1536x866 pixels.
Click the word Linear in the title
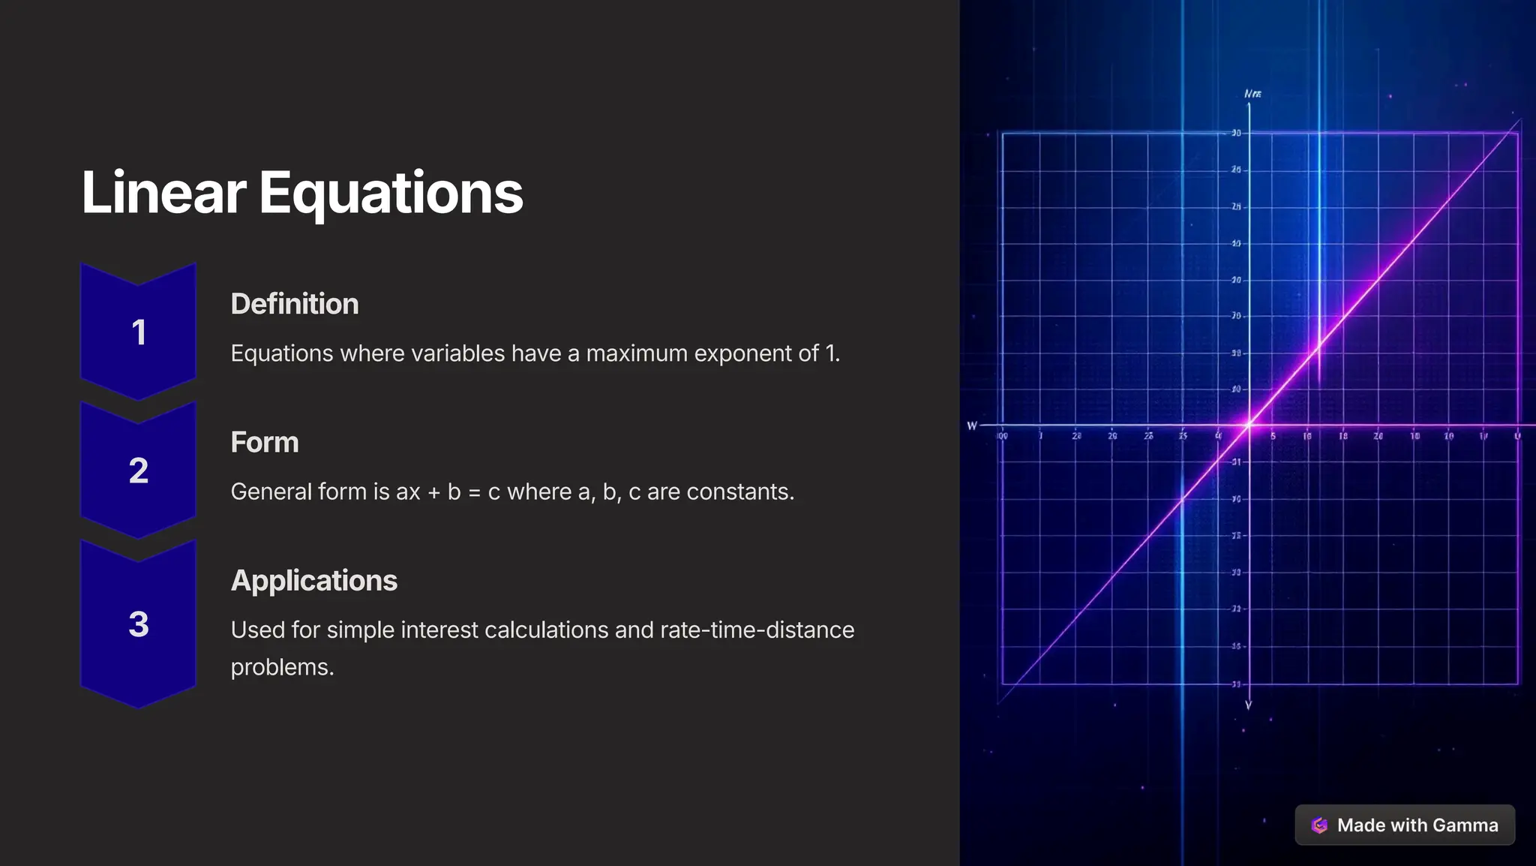[x=163, y=193]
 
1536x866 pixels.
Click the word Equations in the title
[x=391, y=193]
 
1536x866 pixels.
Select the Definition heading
[x=295, y=304]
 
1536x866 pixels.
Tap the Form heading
[x=265, y=442]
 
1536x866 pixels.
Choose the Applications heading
[x=314, y=580]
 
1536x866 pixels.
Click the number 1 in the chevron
[x=139, y=332]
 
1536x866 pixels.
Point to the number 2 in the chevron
[x=139, y=471]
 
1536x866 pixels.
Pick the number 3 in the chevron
[x=139, y=624]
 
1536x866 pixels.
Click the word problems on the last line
[x=282, y=667]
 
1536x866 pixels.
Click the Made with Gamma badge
[x=1405, y=825]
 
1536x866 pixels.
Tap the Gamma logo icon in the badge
[x=1319, y=825]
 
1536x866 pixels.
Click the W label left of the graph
[x=972, y=425]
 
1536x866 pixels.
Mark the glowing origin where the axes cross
[x=1249, y=425]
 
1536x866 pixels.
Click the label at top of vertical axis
[x=1252, y=94]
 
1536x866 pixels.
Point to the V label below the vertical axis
[x=1249, y=705]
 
